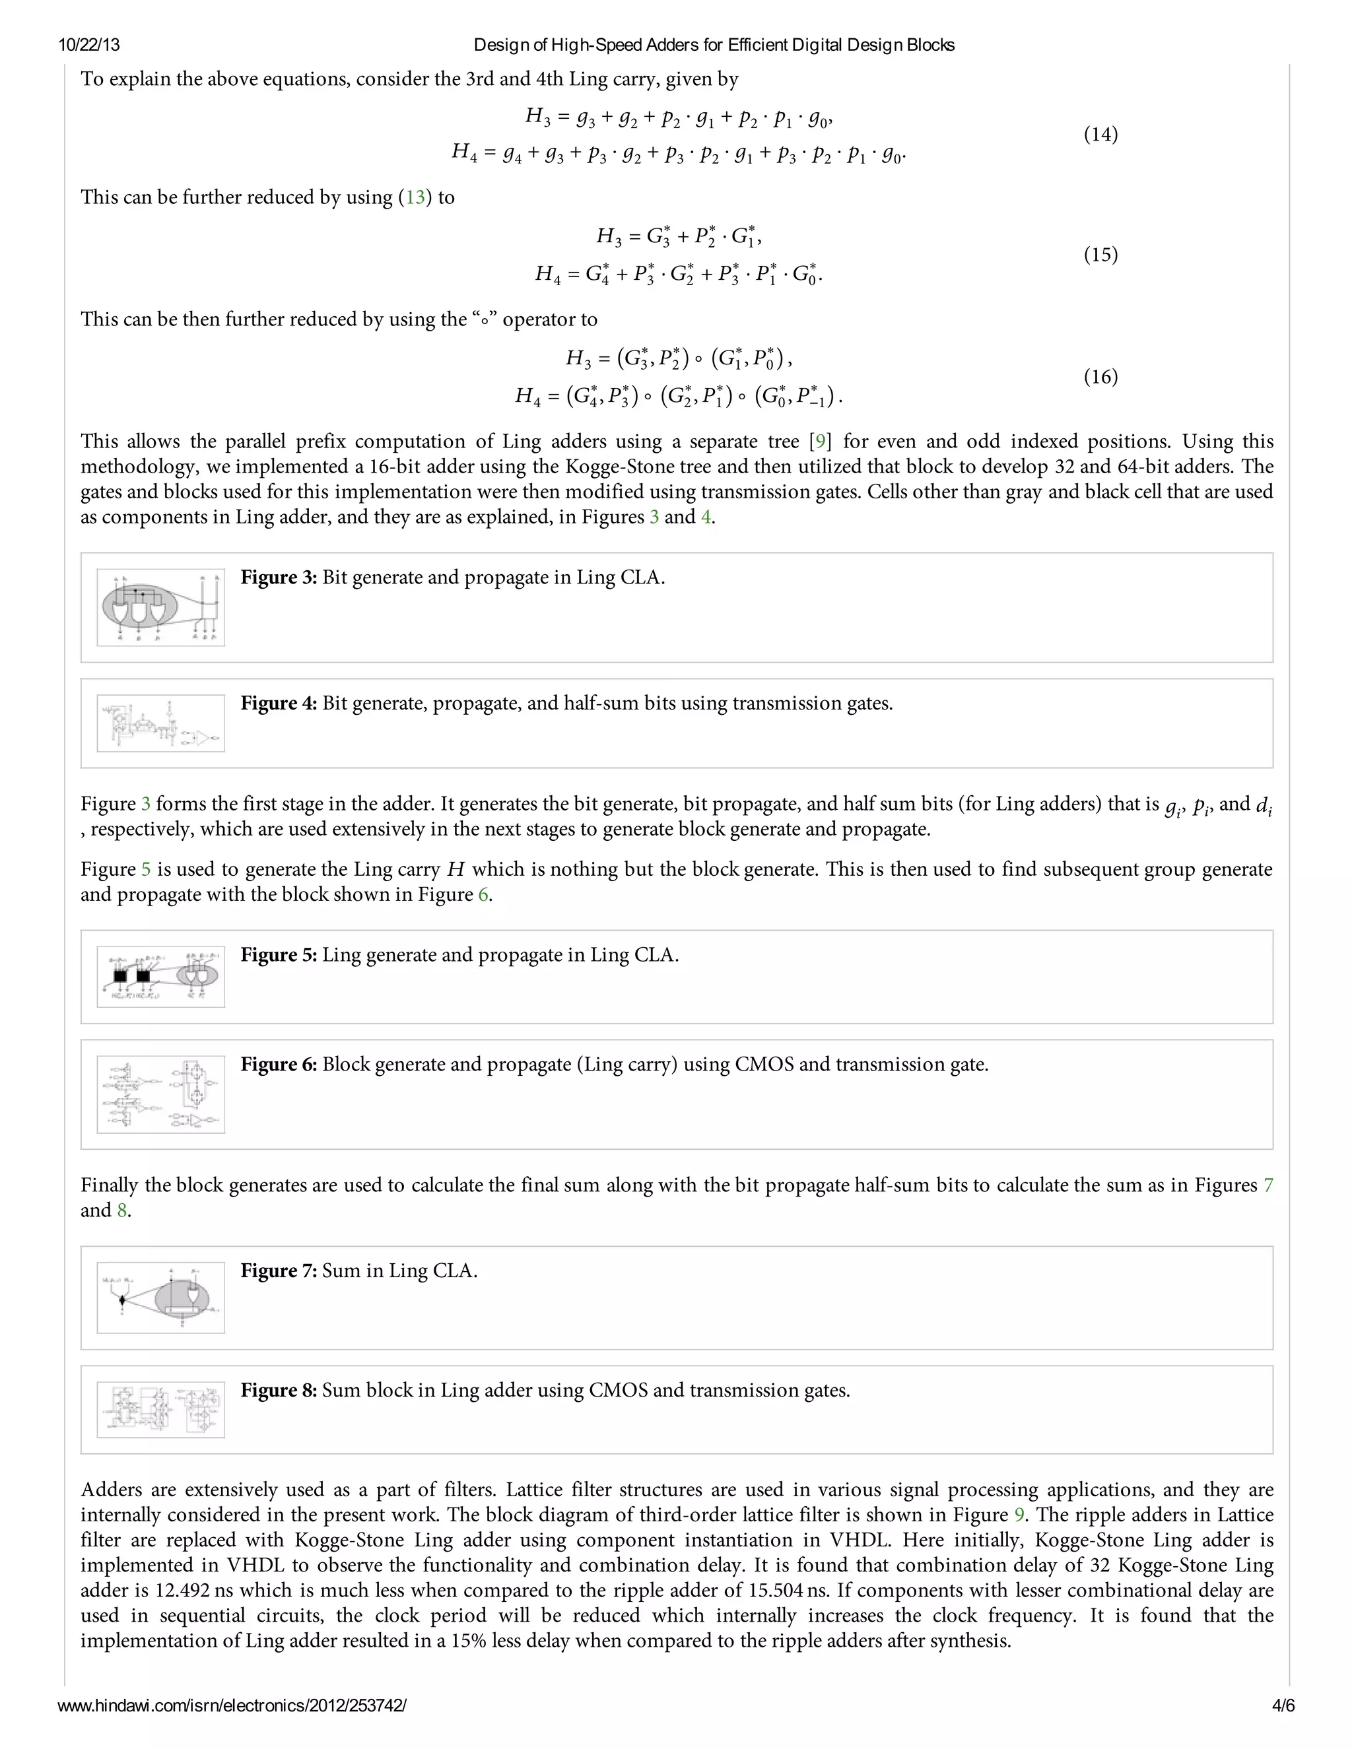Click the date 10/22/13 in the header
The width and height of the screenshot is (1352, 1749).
click(x=89, y=45)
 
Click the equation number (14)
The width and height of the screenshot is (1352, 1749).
click(x=1100, y=135)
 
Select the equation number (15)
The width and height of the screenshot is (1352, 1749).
click(x=1100, y=255)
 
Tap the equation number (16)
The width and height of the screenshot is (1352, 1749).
click(x=1100, y=376)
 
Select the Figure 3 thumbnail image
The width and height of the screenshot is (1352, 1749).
click(x=160, y=607)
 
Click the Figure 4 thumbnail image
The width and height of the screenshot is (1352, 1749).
click(x=160, y=723)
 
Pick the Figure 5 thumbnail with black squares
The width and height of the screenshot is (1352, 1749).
click(x=160, y=976)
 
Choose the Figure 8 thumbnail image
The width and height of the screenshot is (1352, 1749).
click(x=160, y=1410)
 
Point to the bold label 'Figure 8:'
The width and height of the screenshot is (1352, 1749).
click(x=279, y=1390)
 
